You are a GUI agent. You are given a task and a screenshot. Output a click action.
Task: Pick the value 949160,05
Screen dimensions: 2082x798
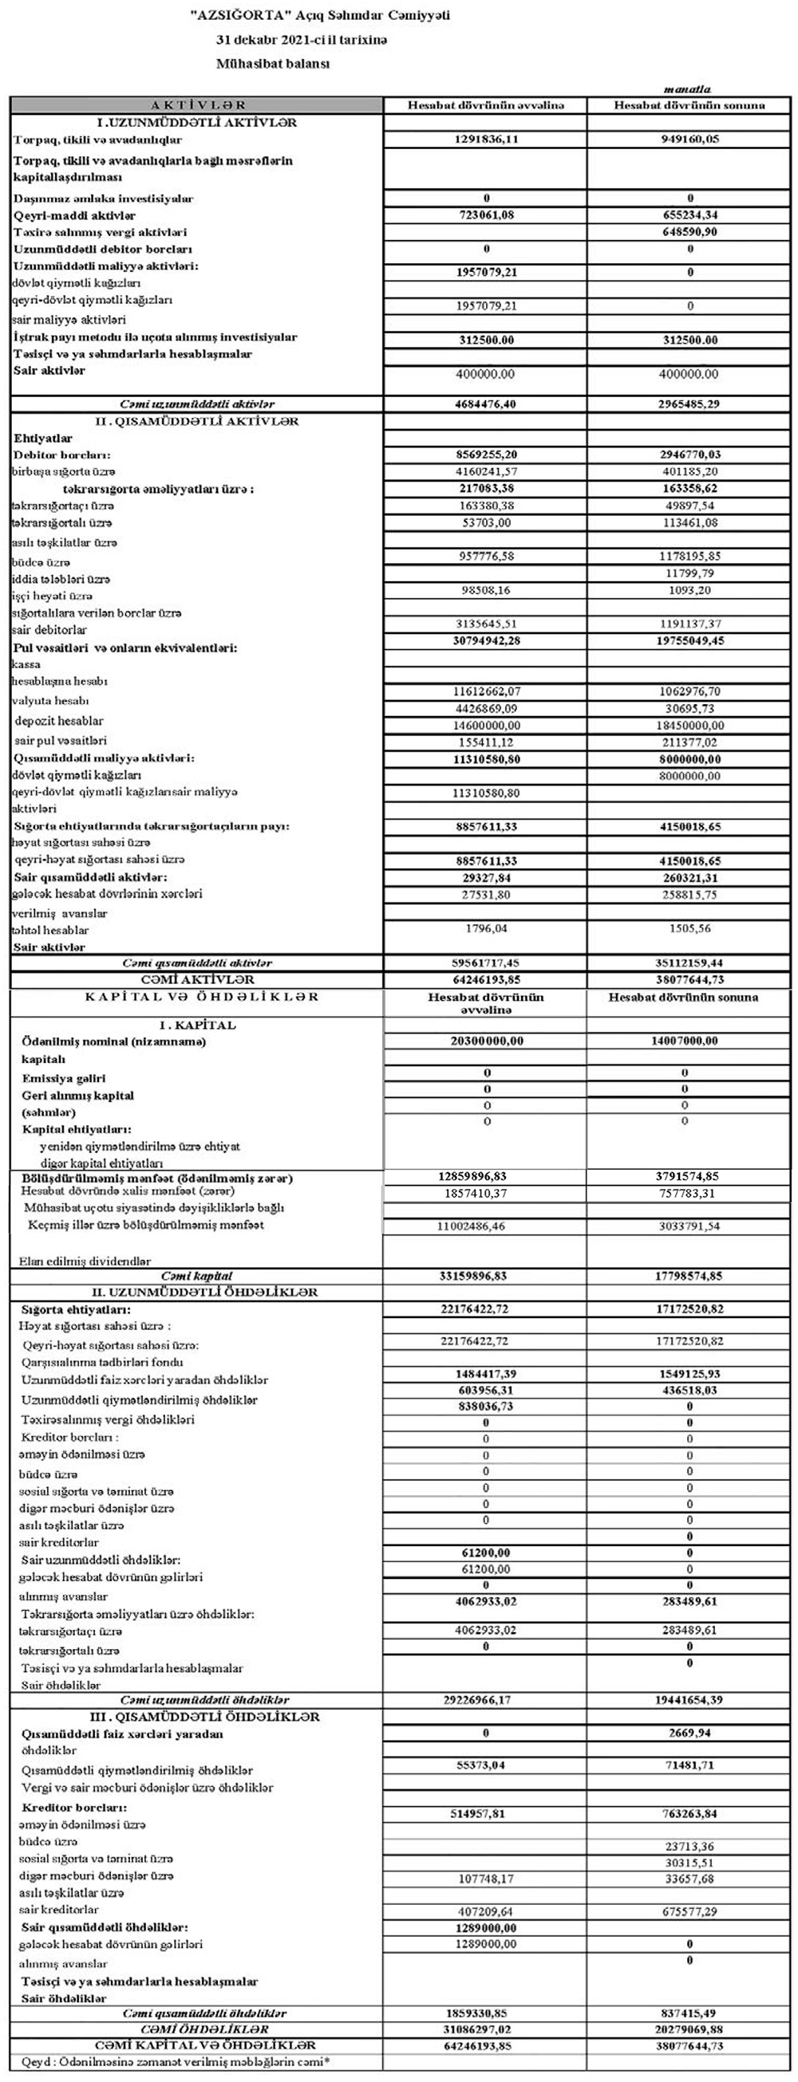click(689, 139)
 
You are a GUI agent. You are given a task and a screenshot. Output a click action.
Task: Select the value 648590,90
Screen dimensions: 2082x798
click(689, 232)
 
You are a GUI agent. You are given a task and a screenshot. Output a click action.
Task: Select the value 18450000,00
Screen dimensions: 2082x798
click(689, 726)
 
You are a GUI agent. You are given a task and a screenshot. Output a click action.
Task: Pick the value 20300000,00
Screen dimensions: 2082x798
click(487, 1042)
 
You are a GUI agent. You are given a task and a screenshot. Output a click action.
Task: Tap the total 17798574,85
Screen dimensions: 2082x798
click(689, 1276)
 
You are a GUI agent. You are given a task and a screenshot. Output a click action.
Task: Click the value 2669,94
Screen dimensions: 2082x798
click(689, 1734)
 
